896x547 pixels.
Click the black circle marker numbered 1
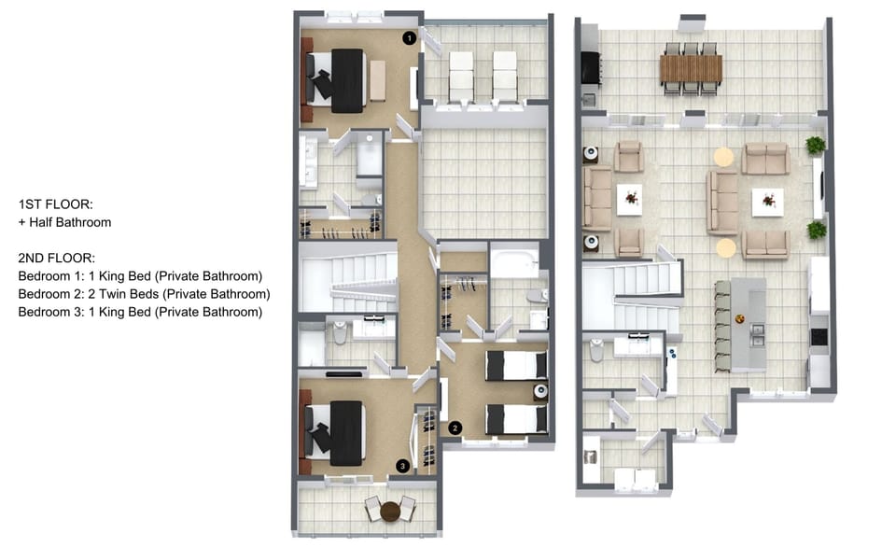(x=409, y=38)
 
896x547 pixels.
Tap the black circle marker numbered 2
(x=455, y=428)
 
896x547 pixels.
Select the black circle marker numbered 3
(x=402, y=466)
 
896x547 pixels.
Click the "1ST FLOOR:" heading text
(x=55, y=204)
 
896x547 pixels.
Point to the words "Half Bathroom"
(x=70, y=222)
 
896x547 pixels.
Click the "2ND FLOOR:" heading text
(x=57, y=258)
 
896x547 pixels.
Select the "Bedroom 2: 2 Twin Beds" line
(x=89, y=294)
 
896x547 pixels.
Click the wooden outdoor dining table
(x=691, y=68)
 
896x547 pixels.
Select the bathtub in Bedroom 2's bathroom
(x=514, y=261)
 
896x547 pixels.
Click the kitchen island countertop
(x=749, y=324)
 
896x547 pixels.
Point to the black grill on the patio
(x=591, y=68)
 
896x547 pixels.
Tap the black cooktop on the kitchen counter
(x=819, y=337)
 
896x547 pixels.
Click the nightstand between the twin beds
(x=540, y=391)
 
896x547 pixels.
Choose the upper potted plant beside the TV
(x=816, y=145)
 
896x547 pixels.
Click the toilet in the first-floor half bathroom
(x=596, y=350)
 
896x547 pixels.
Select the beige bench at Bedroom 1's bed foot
(x=377, y=80)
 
